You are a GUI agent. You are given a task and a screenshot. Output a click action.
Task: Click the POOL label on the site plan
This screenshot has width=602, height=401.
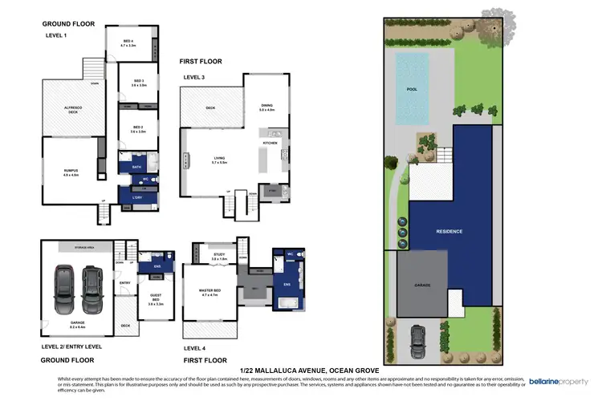413,90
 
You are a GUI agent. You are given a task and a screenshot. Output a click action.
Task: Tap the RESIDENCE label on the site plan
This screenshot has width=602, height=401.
449,231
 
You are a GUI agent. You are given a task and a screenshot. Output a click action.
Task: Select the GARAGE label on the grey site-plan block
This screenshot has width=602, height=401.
422,285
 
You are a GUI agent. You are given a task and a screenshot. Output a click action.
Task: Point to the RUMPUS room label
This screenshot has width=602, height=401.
71,171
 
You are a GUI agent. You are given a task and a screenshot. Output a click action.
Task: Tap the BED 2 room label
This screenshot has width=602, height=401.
138,129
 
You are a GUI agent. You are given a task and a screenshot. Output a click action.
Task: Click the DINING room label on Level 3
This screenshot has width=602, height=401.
267,107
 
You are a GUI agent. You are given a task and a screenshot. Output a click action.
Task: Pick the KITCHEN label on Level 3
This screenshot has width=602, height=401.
270,144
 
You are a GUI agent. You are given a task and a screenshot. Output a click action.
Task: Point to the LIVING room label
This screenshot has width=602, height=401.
218,160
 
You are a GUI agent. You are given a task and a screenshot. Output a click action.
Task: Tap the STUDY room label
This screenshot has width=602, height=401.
220,257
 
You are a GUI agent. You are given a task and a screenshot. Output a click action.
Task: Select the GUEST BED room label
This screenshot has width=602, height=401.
155,300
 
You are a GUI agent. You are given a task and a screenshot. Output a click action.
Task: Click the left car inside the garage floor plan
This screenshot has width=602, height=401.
63,290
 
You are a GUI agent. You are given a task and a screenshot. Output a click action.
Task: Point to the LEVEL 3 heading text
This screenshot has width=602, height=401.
195,76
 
